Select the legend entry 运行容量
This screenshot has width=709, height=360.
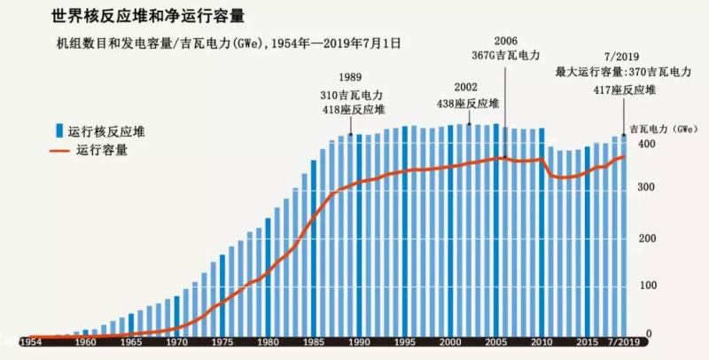coord(103,150)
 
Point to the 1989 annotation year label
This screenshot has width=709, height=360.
coord(351,78)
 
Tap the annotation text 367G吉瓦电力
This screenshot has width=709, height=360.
coord(507,54)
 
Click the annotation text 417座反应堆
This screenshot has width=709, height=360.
coord(625,90)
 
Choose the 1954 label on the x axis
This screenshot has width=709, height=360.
coord(30,341)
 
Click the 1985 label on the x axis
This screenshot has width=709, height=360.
coord(314,341)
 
